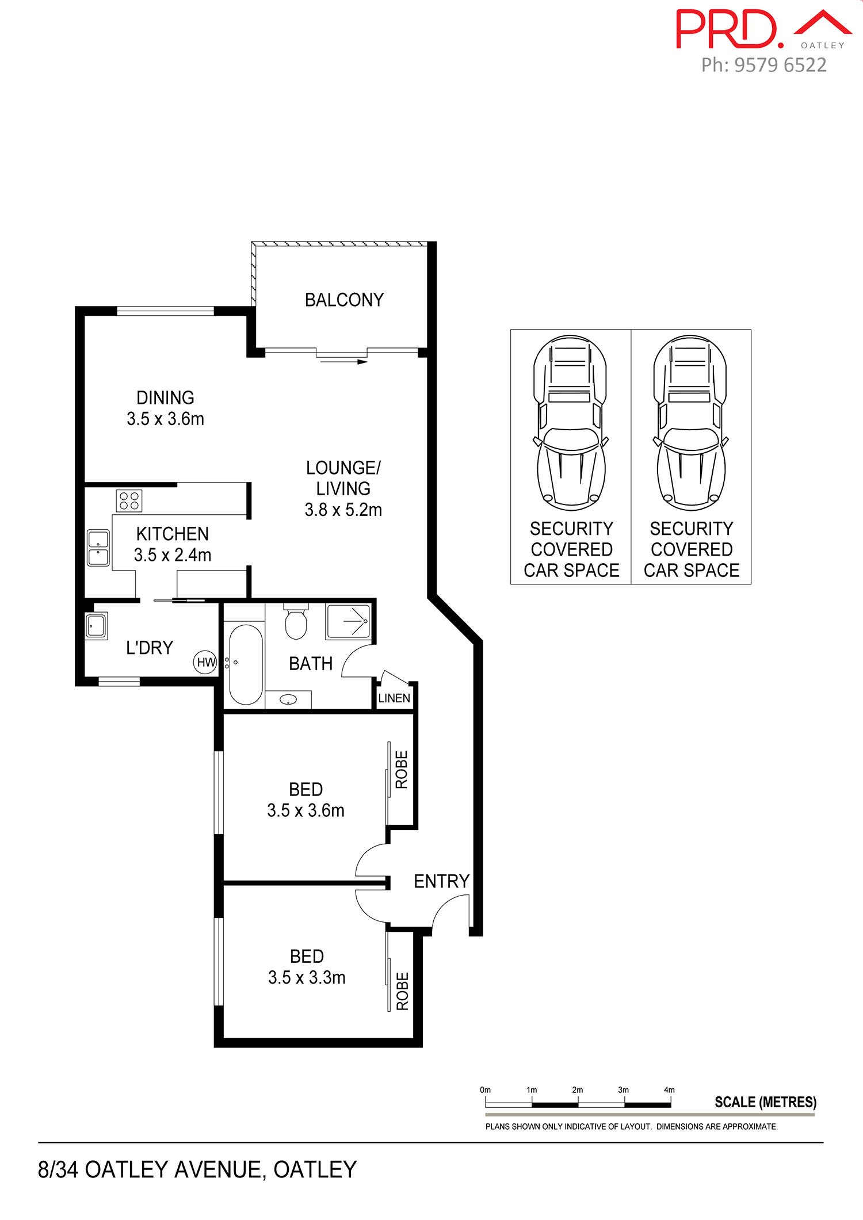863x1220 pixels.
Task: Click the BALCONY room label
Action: (x=344, y=300)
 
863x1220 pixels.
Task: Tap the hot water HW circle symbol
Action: (x=205, y=662)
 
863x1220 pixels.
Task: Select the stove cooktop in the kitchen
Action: (x=129, y=500)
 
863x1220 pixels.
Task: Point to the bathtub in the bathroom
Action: (x=246, y=665)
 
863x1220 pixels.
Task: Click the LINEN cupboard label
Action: (x=394, y=698)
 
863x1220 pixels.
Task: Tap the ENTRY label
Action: (x=441, y=881)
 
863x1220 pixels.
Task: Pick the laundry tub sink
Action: (x=96, y=626)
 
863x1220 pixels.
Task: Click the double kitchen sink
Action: (x=98, y=548)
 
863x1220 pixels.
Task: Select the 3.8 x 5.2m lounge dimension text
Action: (x=343, y=510)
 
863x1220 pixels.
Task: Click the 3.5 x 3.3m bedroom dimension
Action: (x=307, y=978)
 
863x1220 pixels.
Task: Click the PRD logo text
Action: (x=729, y=29)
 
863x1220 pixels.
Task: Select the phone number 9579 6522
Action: (x=781, y=65)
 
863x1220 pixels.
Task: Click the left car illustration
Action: (x=570, y=423)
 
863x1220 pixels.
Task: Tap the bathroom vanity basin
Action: (x=288, y=699)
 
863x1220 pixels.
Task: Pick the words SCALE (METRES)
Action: (x=765, y=1102)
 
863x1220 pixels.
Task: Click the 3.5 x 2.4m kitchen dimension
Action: (x=173, y=555)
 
